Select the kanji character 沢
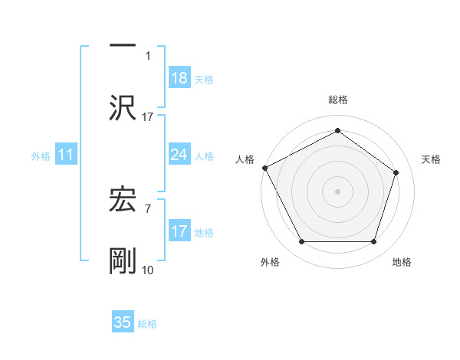pyautogui.click(x=123, y=108)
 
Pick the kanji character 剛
pyautogui.click(x=123, y=261)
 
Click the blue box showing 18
pyautogui.click(x=179, y=78)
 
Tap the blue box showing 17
pyautogui.click(x=179, y=231)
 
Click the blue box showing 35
pyautogui.click(x=123, y=322)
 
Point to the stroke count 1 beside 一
pyautogui.click(x=149, y=55)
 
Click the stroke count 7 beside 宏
pyautogui.click(x=149, y=208)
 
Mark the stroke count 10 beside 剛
pyautogui.click(x=149, y=270)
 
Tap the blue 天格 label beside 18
pyautogui.click(x=204, y=79)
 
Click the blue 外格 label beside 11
pyautogui.click(x=41, y=156)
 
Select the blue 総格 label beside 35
pyautogui.click(x=147, y=323)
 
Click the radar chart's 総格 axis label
pyautogui.click(x=337, y=100)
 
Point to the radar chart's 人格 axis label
pyautogui.click(x=245, y=159)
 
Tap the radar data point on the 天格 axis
pyautogui.click(x=396, y=172)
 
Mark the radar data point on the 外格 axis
pyautogui.click(x=301, y=242)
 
